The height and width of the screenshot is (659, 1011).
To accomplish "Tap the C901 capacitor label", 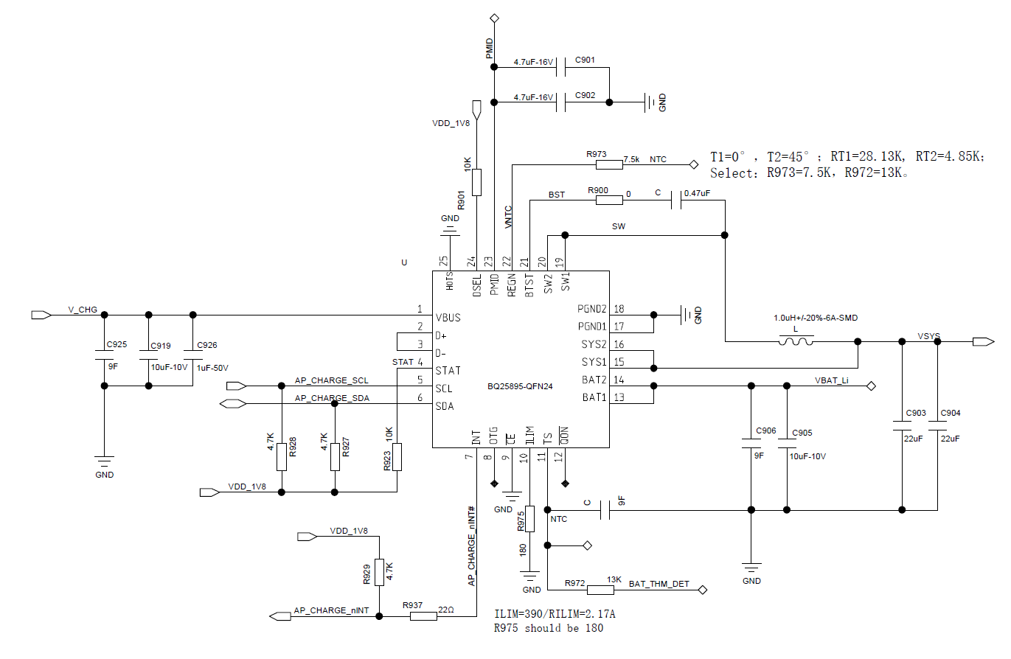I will (x=584, y=59).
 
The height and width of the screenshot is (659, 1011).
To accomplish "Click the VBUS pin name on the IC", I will (x=448, y=318).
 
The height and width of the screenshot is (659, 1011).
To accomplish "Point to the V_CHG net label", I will (x=83, y=310).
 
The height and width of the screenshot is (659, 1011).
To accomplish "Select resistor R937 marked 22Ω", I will (x=423, y=616).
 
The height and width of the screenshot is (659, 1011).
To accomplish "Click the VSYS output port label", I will (x=928, y=336).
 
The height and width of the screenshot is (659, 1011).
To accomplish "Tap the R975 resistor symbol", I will (x=530, y=520).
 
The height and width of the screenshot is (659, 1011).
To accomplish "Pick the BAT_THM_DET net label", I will (x=659, y=584).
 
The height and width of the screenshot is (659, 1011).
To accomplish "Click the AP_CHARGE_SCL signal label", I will (x=331, y=380).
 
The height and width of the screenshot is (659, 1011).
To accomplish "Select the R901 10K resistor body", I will (x=477, y=182).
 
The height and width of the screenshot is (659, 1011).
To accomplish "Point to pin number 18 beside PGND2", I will (x=619, y=309).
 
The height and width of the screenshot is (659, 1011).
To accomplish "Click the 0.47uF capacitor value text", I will (x=698, y=193).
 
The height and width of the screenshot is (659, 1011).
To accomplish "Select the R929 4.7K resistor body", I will (x=379, y=572).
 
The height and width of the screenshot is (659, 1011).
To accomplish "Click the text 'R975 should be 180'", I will (x=548, y=628).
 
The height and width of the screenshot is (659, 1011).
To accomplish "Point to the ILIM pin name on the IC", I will (x=528, y=435).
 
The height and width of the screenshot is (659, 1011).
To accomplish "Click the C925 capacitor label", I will (x=117, y=345).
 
